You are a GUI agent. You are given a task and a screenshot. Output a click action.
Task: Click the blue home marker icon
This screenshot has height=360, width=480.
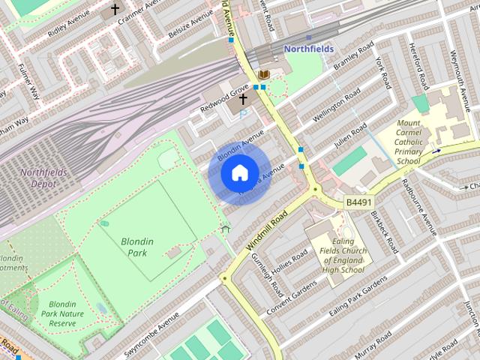(239, 173)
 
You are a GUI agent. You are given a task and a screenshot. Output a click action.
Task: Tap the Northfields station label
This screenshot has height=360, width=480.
(307, 49)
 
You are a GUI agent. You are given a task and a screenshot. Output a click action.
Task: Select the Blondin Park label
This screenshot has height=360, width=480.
(137, 247)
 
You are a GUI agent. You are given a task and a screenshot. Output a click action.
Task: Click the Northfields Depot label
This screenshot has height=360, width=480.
(43, 178)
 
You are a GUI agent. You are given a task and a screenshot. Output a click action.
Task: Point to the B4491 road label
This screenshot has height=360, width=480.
(358, 202)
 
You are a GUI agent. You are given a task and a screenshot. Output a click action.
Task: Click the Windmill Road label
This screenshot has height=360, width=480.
(264, 232)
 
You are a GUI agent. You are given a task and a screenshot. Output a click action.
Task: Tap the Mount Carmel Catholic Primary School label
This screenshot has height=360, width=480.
(409, 142)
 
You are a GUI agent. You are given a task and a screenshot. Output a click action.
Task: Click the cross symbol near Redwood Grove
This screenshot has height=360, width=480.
(243, 98)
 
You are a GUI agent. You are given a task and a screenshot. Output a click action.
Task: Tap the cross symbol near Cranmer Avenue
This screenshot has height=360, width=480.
(115, 10)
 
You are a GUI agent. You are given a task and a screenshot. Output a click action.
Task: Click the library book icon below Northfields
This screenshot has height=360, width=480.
(264, 75)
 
